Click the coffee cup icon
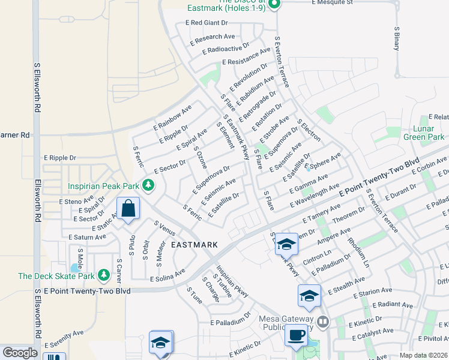(x=297, y=334)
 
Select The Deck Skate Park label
(x=56, y=276)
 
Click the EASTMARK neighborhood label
(x=194, y=245)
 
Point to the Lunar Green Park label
(x=424, y=133)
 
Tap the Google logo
(x=20, y=353)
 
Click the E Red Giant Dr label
(x=207, y=23)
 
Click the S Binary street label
(x=396, y=37)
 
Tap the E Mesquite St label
(x=332, y=2)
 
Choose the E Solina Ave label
(x=167, y=276)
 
